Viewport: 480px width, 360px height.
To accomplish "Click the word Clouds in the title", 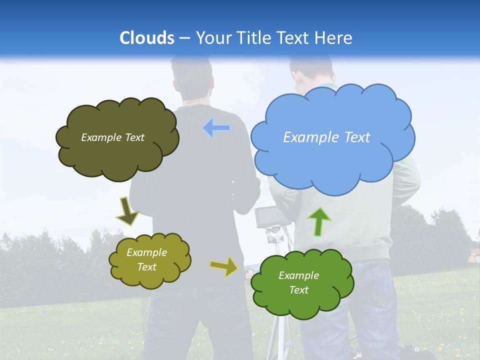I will [x=147, y=38].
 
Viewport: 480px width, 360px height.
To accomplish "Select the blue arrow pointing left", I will [x=216, y=128].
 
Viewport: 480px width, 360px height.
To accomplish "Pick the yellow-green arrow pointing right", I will [x=224, y=266].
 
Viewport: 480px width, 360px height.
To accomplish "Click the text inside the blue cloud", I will [x=326, y=137].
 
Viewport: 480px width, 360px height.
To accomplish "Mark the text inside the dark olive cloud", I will [x=112, y=137].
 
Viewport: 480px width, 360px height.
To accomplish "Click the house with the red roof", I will [x=472, y=252].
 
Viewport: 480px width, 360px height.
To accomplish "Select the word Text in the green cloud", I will [x=298, y=290].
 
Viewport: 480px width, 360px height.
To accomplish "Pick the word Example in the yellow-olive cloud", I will [x=146, y=252].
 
